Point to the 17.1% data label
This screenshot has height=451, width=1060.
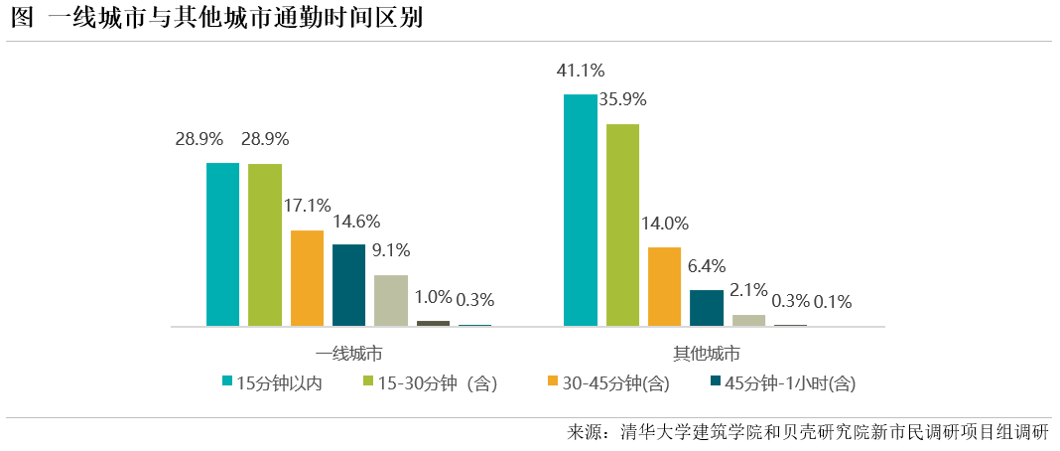307,206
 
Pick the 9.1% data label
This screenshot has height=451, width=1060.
391,250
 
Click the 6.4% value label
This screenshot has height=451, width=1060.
706,265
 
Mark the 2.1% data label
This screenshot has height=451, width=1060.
748,290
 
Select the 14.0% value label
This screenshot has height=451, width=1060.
664,223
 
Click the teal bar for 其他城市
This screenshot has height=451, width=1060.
581,210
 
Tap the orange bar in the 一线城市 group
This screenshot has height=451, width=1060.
307,278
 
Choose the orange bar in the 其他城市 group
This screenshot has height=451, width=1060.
664,286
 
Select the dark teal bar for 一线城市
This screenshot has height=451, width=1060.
348,284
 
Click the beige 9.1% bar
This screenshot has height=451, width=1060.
391,300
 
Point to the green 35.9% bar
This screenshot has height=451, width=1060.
622,225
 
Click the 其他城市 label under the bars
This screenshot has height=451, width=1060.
707,354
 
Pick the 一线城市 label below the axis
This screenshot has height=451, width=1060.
349,354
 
